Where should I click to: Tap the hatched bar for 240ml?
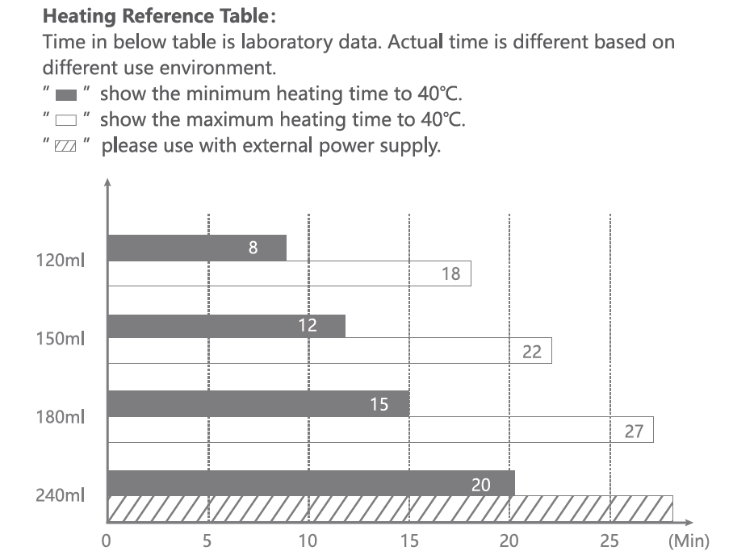click(x=389, y=509)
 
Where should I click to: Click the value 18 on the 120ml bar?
click(x=450, y=273)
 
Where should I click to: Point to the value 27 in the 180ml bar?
click(x=634, y=431)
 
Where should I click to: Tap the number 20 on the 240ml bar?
click(x=481, y=484)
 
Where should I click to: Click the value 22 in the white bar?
click(x=532, y=352)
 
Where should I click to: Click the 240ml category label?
click(x=61, y=495)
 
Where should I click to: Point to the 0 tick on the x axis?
click(x=107, y=540)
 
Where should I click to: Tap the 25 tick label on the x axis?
click(x=609, y=540)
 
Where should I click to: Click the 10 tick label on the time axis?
click(x=308, y=540)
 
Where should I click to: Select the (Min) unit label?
click(x=688, y=540)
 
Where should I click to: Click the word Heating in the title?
click(x=74, y=15)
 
